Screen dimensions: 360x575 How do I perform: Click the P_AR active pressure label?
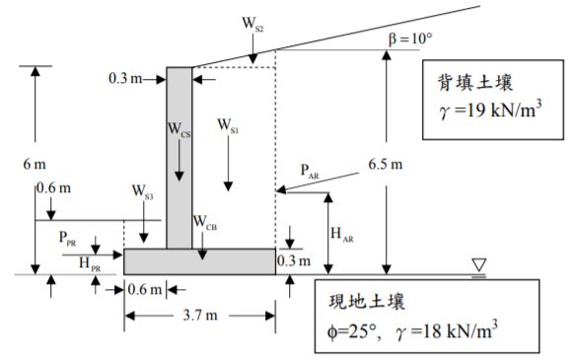pyautogui.click(x=310, y=171)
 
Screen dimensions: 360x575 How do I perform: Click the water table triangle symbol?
pyautogui.click(x=478, y=264)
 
